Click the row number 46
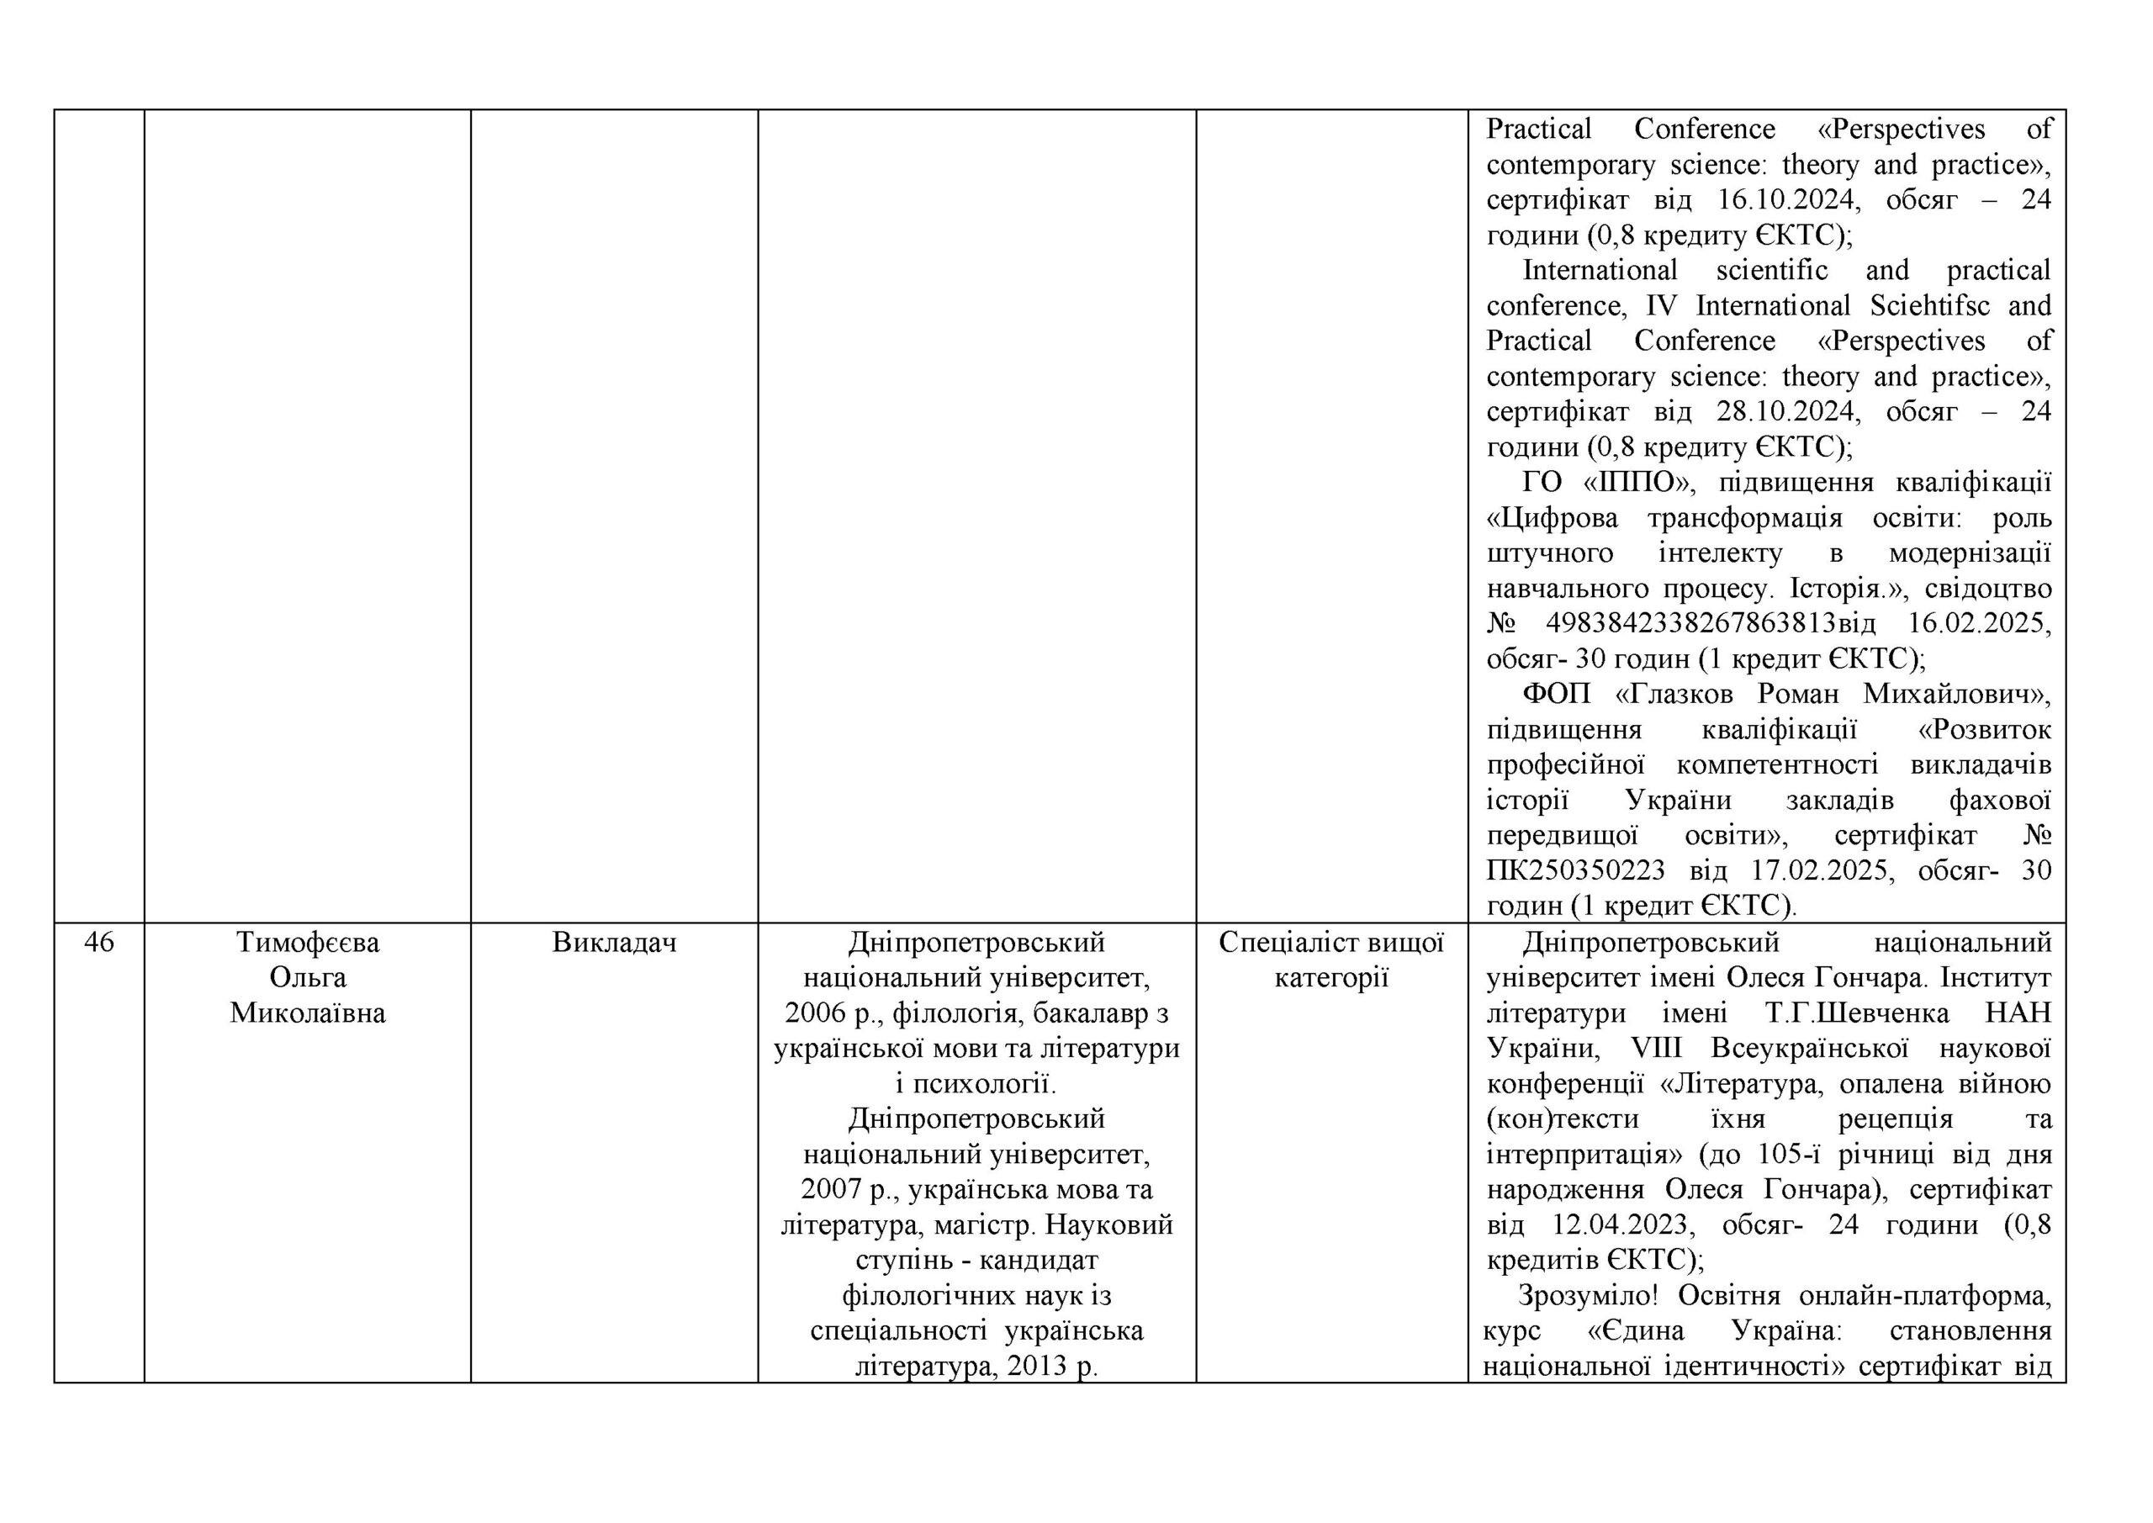(x=98, y=942)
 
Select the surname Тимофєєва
(x=308, y=942)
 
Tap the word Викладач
(x=614, y=942)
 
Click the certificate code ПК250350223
(x=1575, y=870)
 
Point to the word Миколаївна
(x=308, y=1013)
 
